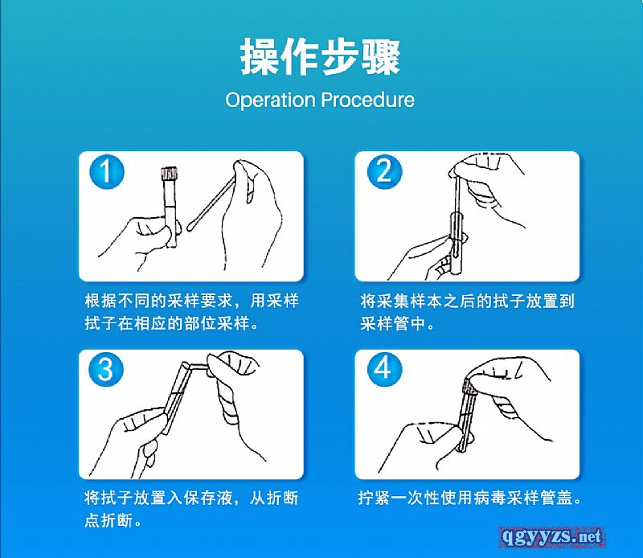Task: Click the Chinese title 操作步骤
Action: click(320, 56)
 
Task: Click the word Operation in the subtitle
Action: click(271, 101)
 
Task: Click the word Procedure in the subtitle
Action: click(367, 100)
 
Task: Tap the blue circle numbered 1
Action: click(106, 171)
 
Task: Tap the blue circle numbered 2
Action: click(384, 171)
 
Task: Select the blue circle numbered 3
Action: click(106, 369)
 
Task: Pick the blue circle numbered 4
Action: click(384, 369)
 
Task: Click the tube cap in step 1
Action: click(170, 174)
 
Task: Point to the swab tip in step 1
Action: click(191, 225)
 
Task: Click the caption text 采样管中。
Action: click(397, 324)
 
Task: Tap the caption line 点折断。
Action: click(113, 521)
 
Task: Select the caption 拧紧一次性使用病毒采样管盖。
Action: click(470, 498)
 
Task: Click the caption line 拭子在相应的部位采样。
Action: click(172, 324)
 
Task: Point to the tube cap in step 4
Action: click(468, 387)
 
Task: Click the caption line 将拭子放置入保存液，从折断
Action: click(191, 498)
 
